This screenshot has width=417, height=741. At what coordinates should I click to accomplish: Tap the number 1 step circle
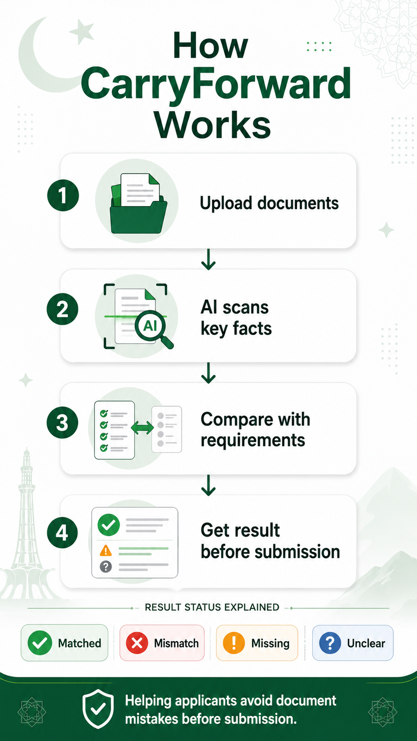point(63,195)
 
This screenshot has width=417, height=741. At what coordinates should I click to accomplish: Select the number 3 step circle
point(62,422)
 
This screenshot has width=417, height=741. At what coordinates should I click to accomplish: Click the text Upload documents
point(269,203)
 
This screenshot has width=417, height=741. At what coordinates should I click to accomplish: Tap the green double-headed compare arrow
point(143,428)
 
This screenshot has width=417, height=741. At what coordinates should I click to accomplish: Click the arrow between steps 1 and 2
point(208,260)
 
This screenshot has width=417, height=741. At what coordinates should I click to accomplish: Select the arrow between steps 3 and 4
point(208,486)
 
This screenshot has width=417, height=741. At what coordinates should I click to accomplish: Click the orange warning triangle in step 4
point(106,550)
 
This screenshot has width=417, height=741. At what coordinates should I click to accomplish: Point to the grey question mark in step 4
point(106,567)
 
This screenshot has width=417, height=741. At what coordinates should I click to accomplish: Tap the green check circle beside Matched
point(40,643)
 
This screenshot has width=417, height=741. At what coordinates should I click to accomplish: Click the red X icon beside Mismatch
point(137,643)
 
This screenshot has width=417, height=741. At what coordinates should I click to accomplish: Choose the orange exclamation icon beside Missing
point(234,643)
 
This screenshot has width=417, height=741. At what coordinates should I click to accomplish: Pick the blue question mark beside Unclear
point(330,643)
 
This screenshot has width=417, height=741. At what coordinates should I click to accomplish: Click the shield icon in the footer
point(98,709)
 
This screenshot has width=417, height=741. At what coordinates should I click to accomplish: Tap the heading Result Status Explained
point(212,607)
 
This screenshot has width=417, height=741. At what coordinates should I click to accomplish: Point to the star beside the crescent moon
point(82,32)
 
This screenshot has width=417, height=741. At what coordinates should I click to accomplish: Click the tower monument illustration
point(27,523)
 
